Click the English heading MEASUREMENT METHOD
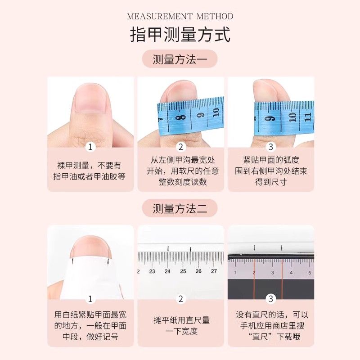click(x=180, y=16)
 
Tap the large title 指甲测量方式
click(x=180, y=35)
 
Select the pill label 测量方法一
click(x=180, y=59)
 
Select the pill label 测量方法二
click(x=180, y=208)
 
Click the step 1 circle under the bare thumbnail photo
click(x=90, y=147)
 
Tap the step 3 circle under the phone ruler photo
click(x=271, y=299)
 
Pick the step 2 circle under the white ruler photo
click(x=181, y=299)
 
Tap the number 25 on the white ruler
click(x=183, y=271)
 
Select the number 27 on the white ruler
click(x=214, y=271)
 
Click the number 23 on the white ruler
click(x=152, y=271)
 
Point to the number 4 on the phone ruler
click(x=291, y=273)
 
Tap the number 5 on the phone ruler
click(x=310, y=273)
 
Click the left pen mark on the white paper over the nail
click(x=72, y=261)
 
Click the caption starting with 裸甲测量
click(x=89, y=171)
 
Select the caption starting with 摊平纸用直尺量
click(x=181, y=325)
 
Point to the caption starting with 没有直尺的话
click(x=272, y=325)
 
